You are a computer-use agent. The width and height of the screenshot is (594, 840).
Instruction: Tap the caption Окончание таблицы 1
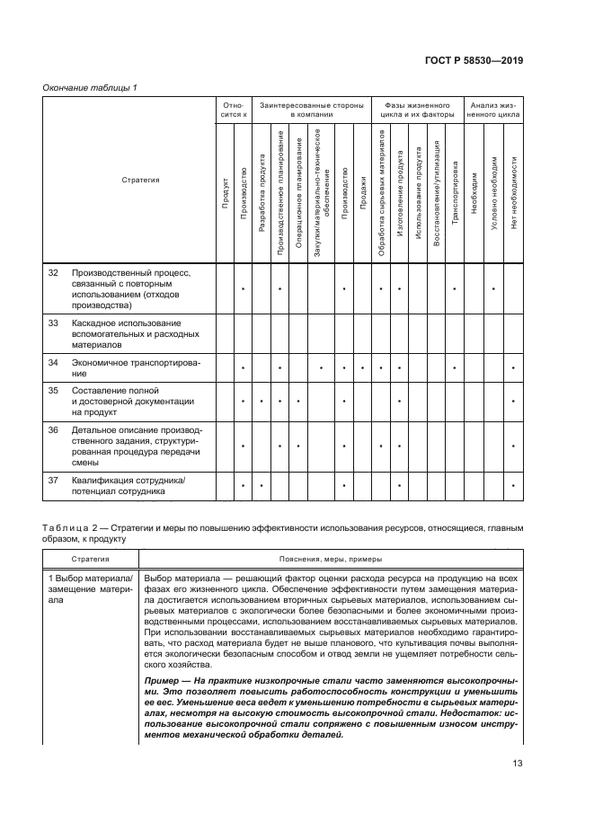(x=90, y=87)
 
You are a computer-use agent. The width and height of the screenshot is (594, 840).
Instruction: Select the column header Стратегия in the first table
(x=140, y=180)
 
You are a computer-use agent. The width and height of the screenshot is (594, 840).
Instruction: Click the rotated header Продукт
(x=225, y=193)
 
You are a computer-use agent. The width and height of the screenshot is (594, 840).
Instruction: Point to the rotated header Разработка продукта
(x=262, y=193)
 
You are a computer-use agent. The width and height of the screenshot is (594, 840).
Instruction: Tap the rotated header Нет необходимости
(x=512, y=192)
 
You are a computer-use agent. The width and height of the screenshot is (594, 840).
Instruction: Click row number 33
(x=52, y=323)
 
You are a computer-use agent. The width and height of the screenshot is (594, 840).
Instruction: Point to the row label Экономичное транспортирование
(x=135, y=367)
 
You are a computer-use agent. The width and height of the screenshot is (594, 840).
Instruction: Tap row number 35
(x=52, y=391)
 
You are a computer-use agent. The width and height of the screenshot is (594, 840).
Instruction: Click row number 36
(x=52, y=430)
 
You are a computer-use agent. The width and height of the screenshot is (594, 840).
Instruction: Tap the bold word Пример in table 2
(x=162, y=682)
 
